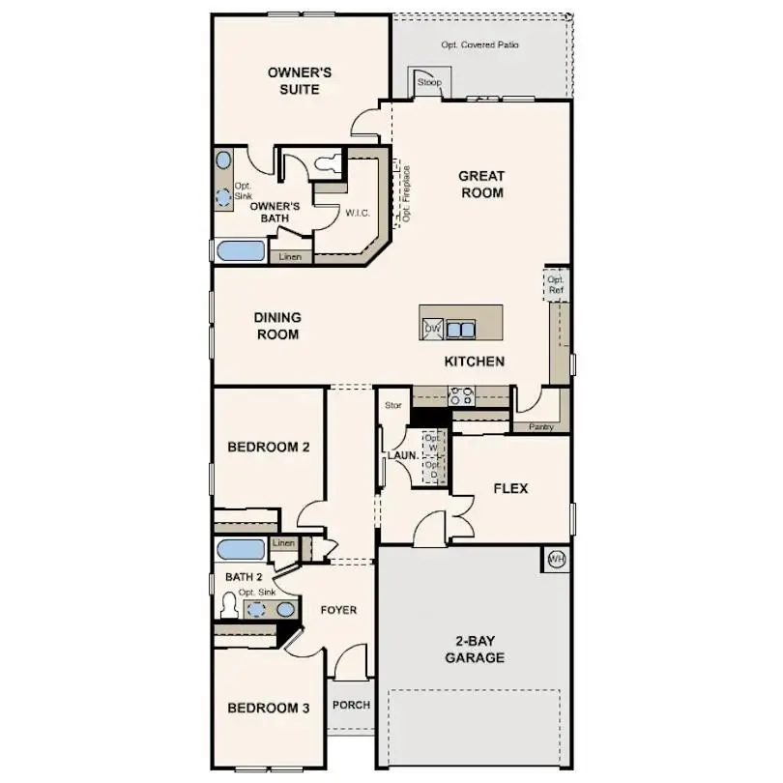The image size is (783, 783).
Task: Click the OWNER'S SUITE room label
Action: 301,81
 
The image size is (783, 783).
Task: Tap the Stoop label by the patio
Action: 429,83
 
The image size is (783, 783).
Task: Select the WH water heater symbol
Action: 556,560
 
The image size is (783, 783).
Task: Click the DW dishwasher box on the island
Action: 432,330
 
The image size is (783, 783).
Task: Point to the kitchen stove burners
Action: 461,395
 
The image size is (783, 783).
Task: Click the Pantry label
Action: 541,426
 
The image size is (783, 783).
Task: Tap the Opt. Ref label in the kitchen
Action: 556,285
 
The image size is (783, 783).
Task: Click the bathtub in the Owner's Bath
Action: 240,251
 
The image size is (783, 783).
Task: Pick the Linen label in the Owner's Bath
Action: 291,257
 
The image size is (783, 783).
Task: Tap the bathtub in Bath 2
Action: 240,550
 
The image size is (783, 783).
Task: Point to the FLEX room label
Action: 510,489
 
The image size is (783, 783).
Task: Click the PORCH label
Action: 351,705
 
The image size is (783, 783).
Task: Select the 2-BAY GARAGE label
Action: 474,649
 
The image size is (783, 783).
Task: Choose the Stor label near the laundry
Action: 392,405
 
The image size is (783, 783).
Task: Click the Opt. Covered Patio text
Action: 480,45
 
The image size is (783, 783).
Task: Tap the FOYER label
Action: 339,610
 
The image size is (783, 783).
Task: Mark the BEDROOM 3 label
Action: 268,709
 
